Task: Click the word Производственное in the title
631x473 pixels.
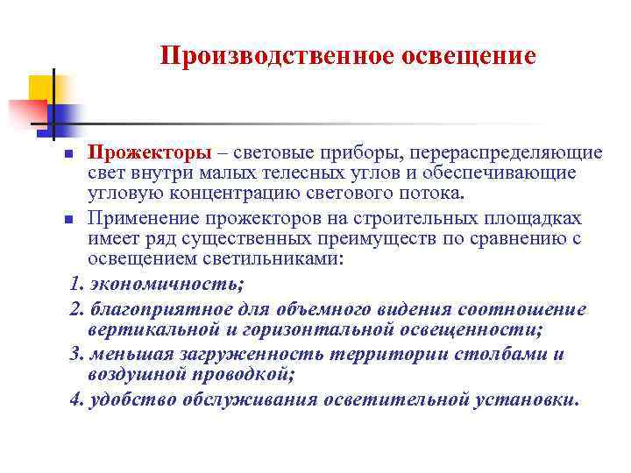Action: [x=277, y=56]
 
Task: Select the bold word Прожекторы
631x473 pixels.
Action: [x=136, y=154]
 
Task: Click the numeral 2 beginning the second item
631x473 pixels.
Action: [x=74, y=309]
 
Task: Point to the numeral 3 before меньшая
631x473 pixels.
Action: [x=74, y=355]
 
